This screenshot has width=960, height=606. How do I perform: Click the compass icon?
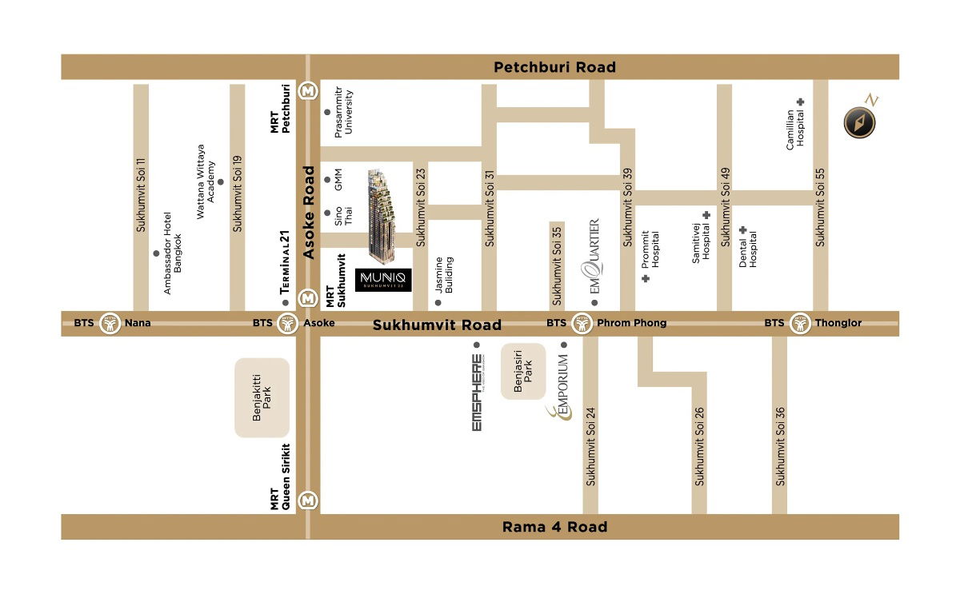(860, 122)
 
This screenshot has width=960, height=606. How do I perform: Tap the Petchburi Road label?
(554, 67)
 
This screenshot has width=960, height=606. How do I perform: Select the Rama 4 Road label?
(554, 527)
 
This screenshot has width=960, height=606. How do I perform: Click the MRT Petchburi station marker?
(308, 91)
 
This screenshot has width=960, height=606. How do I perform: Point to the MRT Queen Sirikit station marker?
(307, 500)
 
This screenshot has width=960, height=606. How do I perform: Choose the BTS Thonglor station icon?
(799, 324)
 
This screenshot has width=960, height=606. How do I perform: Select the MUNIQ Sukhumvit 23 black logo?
(383, 279)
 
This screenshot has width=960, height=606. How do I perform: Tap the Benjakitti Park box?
(262, 397)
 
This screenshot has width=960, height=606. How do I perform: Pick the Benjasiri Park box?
(523, 371)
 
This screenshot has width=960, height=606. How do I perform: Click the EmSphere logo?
(477, 393)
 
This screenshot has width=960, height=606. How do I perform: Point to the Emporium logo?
(560, 390)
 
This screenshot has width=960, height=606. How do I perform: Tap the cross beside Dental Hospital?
(743, 230)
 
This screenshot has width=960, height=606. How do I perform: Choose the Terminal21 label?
(283, 264)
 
